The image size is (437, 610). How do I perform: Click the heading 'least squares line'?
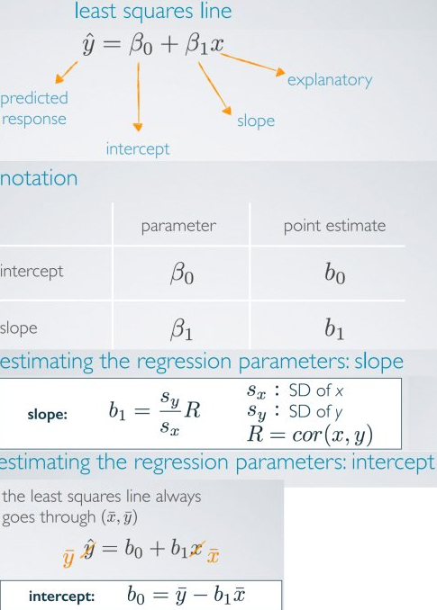tap(153, 11)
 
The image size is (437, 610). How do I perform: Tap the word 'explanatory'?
tap(330, 81)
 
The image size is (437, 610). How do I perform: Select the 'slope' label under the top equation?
tap(256, 121)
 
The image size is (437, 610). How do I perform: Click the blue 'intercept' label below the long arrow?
tap(138, 149)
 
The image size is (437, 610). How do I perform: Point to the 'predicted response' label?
tap(34, 109)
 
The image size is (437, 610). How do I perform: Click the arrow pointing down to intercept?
tap(138, 97)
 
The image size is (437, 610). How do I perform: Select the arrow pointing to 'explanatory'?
tap(252, 64)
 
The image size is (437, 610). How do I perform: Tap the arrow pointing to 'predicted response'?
tap(66, 72)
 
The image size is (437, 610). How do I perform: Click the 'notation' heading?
tap(39, 178)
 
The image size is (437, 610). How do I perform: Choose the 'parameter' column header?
tap(178, 226)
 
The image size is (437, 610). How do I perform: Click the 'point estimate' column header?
tap(334, 226)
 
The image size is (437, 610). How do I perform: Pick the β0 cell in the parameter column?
tap(181, 274)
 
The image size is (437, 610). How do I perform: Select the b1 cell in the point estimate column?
tap(334, 329)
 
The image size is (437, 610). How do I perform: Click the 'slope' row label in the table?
tap(19, 328)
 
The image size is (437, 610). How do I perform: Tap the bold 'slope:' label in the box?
tap(48, 415)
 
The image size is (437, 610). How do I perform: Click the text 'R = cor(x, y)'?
tap(310, 435)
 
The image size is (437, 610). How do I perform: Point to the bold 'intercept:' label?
tap(61, 596)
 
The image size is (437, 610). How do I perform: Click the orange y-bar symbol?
tap(68, 559)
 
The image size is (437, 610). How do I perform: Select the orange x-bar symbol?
tap(213, 555)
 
